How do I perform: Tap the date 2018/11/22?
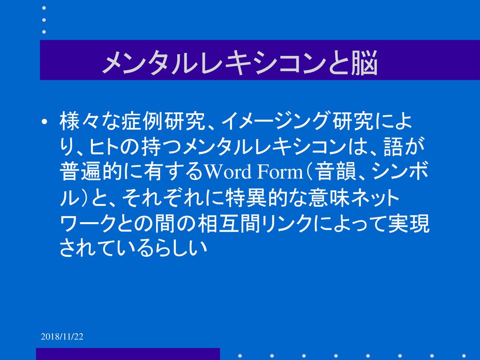(62, 337)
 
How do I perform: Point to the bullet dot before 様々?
(45, 122)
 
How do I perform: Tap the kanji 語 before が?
(394, 147)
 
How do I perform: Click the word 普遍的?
(90, 172)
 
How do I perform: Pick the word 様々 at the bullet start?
(80, 121)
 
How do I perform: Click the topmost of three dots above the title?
(44, 8)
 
